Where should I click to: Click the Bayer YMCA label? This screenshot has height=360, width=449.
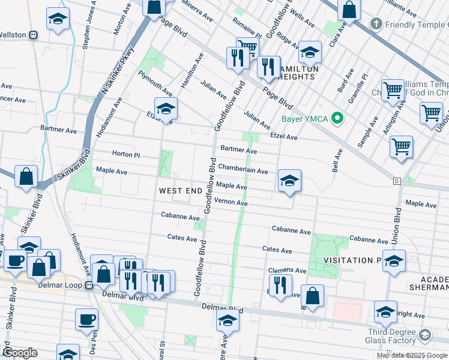305,118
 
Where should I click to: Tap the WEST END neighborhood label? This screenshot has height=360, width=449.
180,191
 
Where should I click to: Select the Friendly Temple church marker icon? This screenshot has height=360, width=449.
376,25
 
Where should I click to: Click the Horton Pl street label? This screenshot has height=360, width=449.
127,155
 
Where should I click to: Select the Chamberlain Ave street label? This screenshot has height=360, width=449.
243,171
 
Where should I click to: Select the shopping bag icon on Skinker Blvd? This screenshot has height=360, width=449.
26,177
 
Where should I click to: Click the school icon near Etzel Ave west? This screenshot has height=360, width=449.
166,109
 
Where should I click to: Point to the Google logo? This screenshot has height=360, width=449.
20,353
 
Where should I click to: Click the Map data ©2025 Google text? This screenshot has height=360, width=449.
412,355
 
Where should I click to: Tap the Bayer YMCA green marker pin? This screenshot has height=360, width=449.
337,118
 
